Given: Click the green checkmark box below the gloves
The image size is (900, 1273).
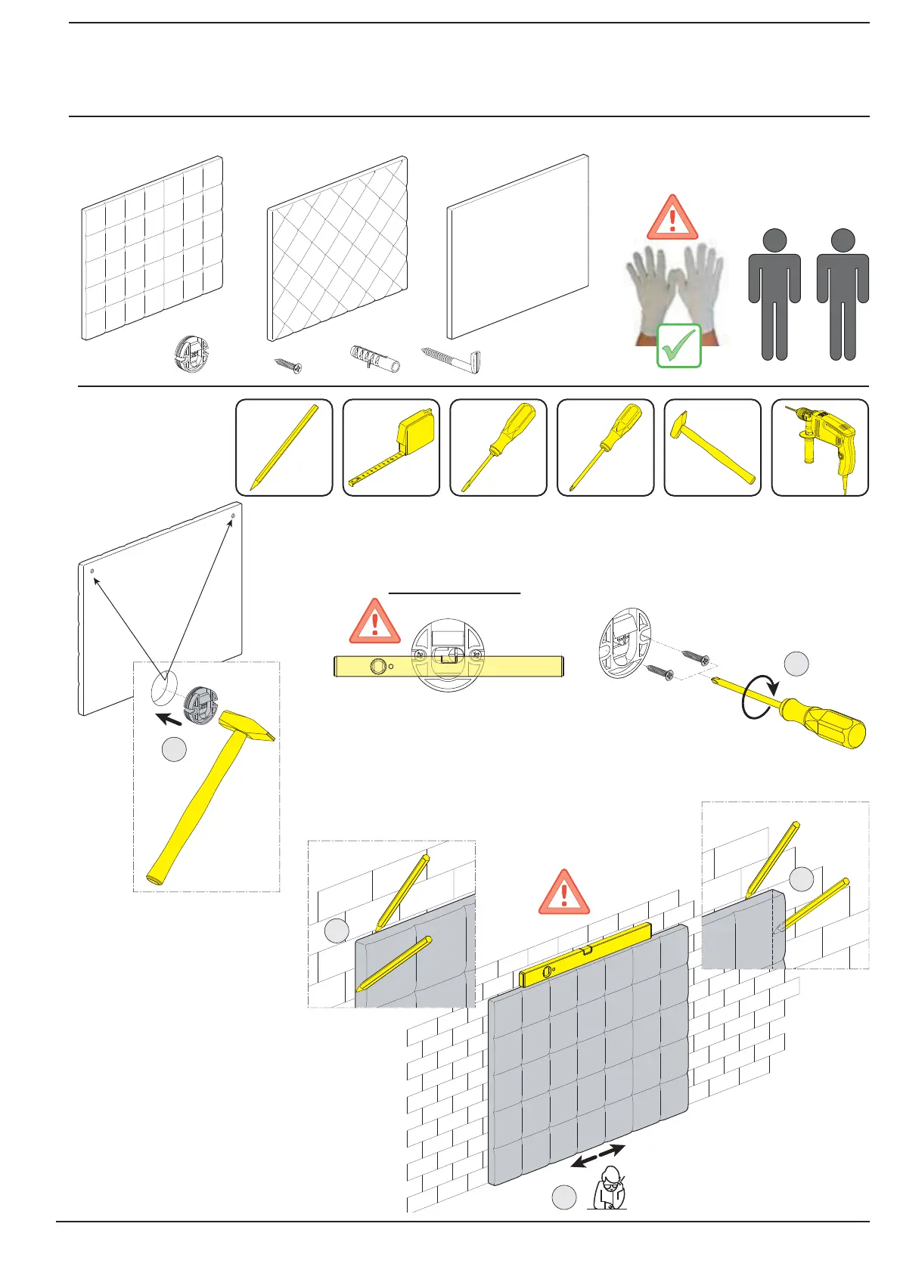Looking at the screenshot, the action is pyautogui.click(x=678, y=346).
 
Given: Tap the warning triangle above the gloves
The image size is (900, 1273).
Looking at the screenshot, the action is pyautogui.click(x=672, y=218).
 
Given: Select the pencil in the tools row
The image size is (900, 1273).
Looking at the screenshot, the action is pyautogui.click(x=284, y=448).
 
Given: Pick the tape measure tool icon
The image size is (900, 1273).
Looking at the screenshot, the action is pyautogui.click(x=391, y=448).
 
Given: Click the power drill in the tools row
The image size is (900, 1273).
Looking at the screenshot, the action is pyautogui.click(x=820, y=448).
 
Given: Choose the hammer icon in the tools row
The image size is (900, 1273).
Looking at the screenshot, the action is pyautogui.click(x=712, y=448).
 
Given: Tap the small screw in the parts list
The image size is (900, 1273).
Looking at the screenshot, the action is pyautogui.click(x=288, y=365).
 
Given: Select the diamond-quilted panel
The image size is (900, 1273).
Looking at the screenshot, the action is pyautogui.click(x=337, y=249).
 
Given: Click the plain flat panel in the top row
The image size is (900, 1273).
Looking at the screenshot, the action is pyautogui.click(x=517, y=246).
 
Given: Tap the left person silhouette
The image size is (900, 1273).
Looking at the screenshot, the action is pyautogui.click(x=774, y=295).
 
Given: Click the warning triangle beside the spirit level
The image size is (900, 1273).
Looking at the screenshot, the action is pyautogui.click(x=374, y=621).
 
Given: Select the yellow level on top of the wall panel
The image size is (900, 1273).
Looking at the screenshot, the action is pyautogui.click(x=585, y=954).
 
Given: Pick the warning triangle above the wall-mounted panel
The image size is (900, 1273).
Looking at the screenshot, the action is pyautogui.click(x=563, y=893).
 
